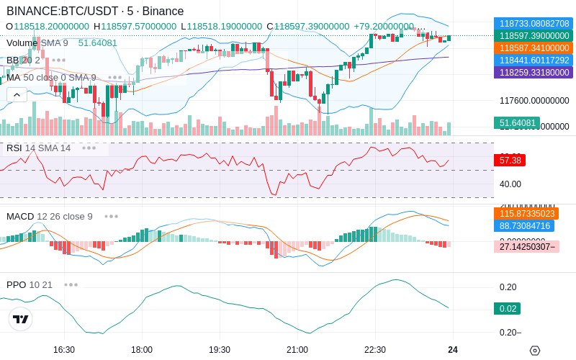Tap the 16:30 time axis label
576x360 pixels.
click(64, 349)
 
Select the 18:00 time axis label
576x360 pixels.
click(142, 349)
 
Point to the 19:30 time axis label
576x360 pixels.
click(220, 349)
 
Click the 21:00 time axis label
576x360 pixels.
click(297, 349)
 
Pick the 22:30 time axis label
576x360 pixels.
click(375, 349)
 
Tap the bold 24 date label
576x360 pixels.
click(452, 349)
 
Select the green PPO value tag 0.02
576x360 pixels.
click(507, 308)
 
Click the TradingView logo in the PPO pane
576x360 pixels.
click(21, 319)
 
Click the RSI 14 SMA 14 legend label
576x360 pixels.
click(39, 148)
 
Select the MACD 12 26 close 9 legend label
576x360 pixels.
click(50, 216)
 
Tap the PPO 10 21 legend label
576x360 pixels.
click(30, 284)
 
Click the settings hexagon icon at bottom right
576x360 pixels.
click(534, 350)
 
